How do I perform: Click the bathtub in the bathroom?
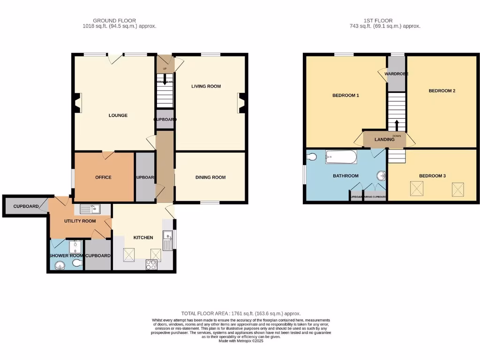click(x=341, y=157)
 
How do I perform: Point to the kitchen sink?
click(x=167, y=240)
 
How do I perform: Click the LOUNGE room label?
click(x=118, y=115)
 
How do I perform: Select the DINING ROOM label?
click(x=210, y=177)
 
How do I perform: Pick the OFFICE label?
click(x=103, y=177)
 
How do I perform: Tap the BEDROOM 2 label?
click(x=442, y=91)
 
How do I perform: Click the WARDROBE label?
click(x=396, y=74)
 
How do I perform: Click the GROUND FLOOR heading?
click(x=114, y=21)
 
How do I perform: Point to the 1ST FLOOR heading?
click(x=378, y=21)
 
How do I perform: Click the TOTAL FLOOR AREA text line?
click(x=240, y=313)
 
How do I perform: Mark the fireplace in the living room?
click(x=242, y=103)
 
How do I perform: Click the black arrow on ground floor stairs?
click(x=164, y=80)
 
